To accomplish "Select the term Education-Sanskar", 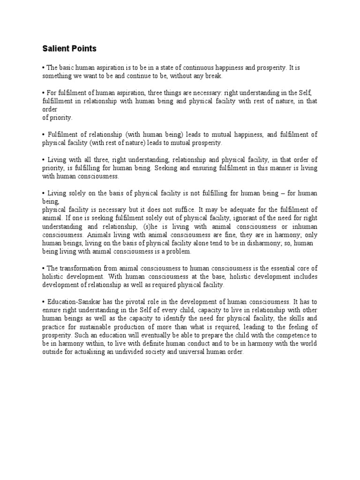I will (x=68, y=302).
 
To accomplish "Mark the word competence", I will (x=292, y=336).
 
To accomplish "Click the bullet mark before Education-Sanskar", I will (x=44, y=302).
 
